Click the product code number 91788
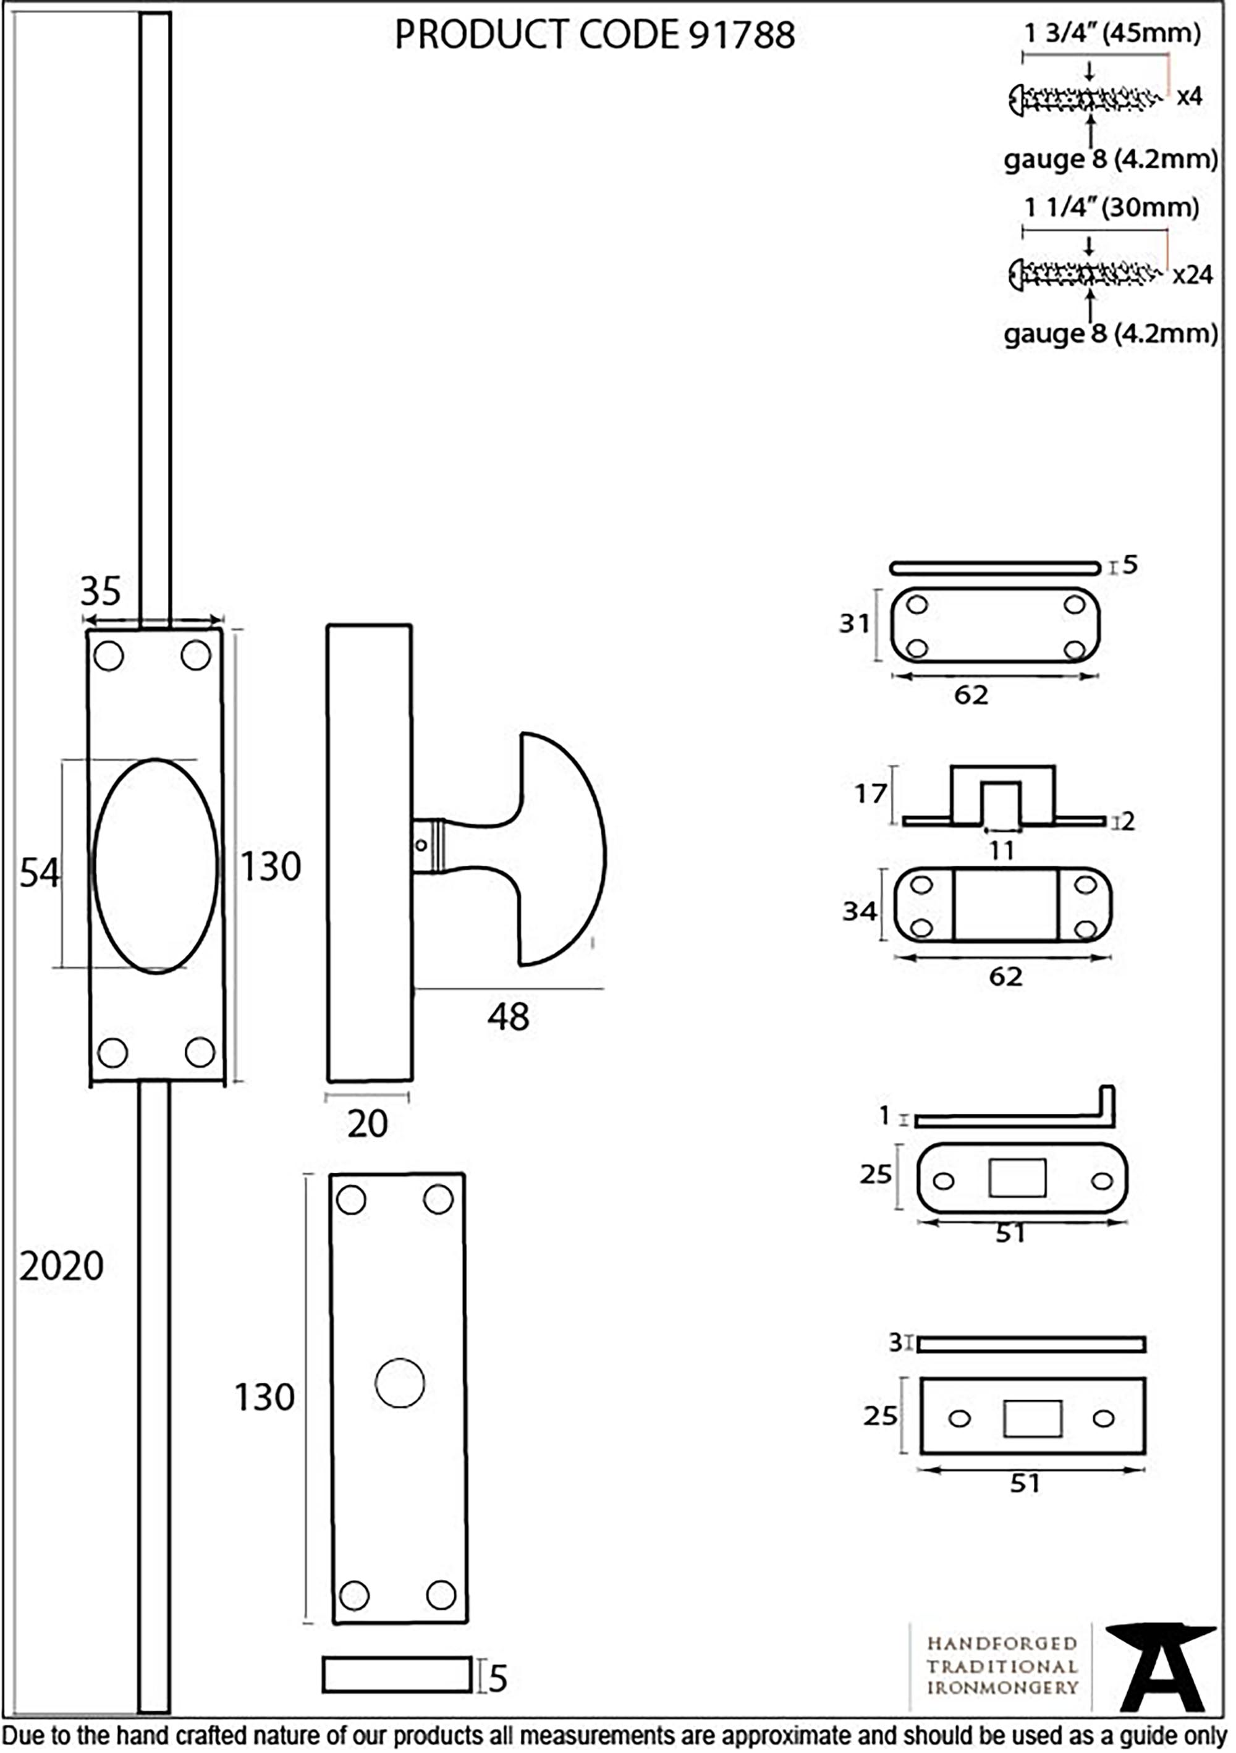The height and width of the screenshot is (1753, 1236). [x=742, y=35]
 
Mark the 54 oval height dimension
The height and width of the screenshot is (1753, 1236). [x=38, y=872]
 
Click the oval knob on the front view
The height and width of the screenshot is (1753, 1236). [x=155, y=865]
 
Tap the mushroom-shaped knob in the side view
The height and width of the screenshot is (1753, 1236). [x=561, y=849]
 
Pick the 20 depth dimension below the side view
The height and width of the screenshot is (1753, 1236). [x=367, y=1123]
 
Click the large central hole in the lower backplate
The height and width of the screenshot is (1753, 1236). [x=399, y=1383]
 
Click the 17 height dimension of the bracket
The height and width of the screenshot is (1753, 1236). [x=870, y=794]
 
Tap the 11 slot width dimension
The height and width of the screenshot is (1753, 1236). [x=1001, y=850]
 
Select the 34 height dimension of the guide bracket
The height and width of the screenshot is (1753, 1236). [x=859, y=911]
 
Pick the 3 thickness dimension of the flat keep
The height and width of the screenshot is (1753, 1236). [x=895, y=1341]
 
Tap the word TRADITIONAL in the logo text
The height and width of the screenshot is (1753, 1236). [x=1002, y=1666]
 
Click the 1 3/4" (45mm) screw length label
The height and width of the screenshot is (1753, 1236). [x=1112, y=33]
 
